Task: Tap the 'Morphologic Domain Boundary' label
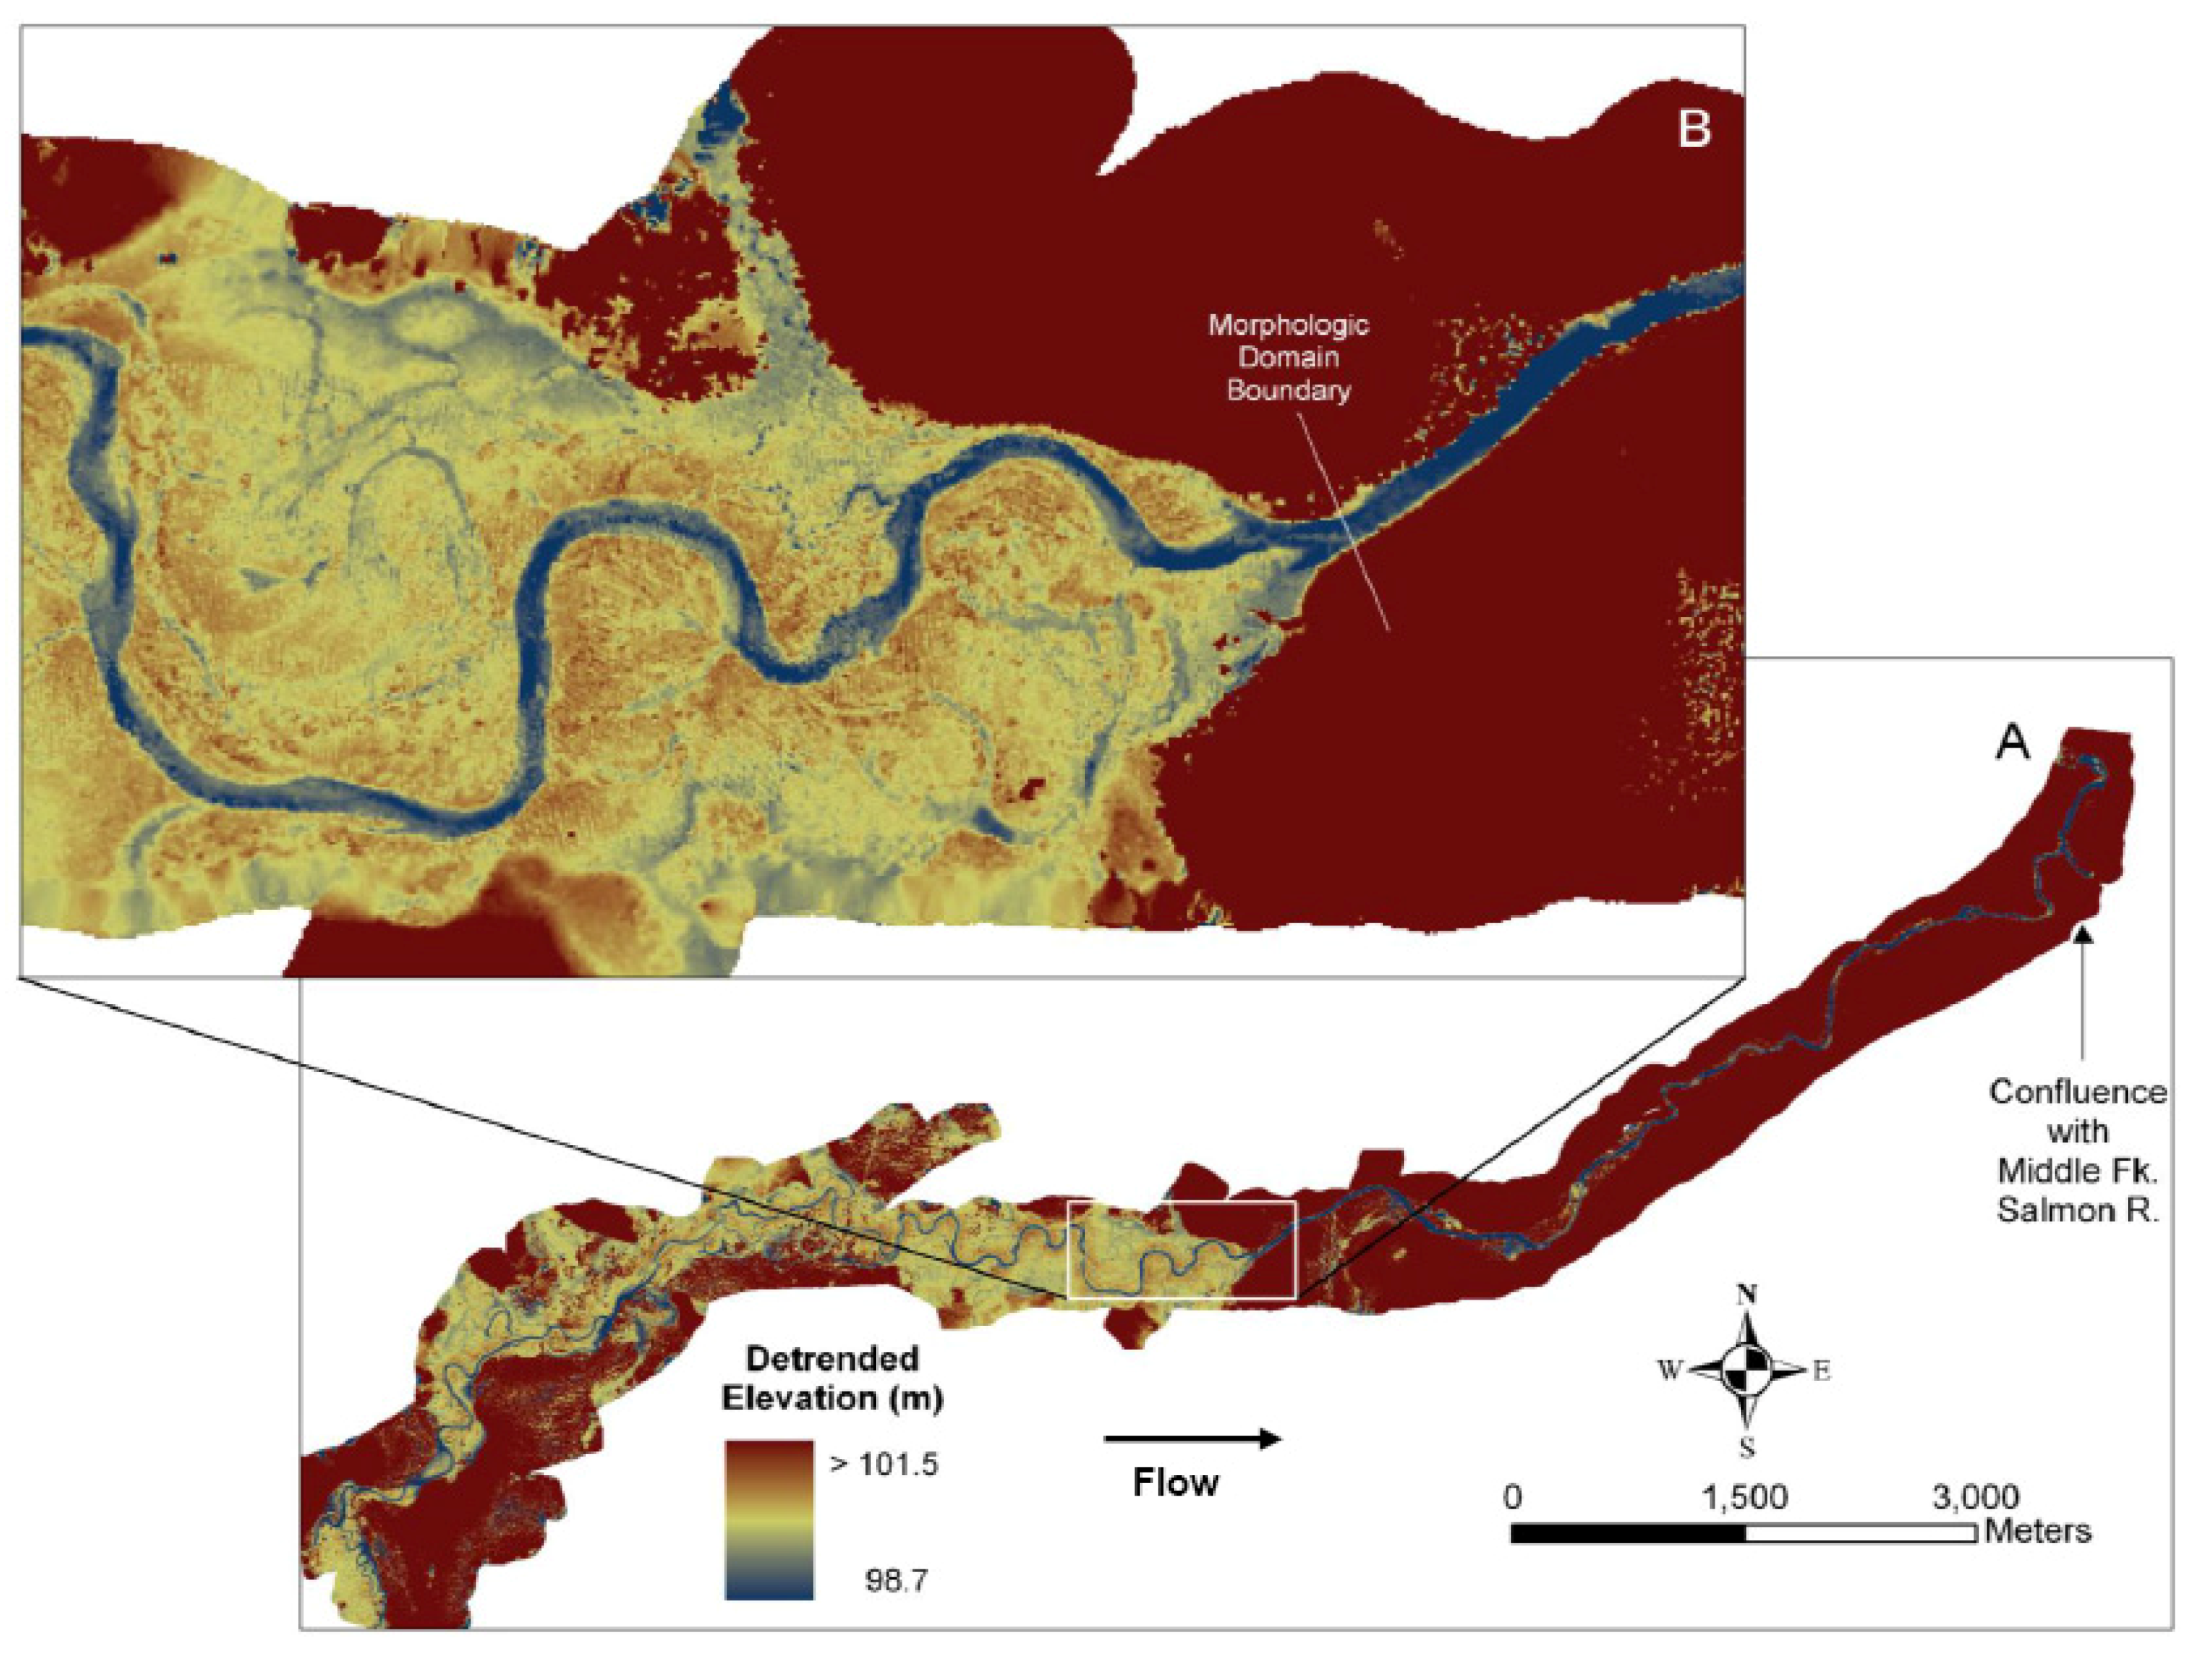click(x=1288, y=357)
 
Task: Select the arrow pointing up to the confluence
click(x=2082, y=993)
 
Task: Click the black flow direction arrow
click(x=1192, y=1439)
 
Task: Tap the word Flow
click(x=1176, y=1483)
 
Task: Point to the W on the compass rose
click(x=1670, y=1371)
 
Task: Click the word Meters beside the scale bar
click(x=2037, y=1531)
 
